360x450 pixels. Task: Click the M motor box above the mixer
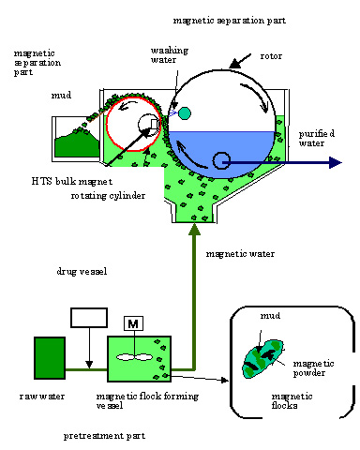[x=133, y=323]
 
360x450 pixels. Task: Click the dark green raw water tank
[x=50, y=358]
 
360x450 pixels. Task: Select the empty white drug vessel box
[x=89, y=318]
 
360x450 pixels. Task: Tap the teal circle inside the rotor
[x=185, y=113]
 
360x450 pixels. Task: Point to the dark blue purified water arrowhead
[x=336, y=162]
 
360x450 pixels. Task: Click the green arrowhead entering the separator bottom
[x=194, y=230]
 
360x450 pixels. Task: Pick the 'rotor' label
[x=271, y=56]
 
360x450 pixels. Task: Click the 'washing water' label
[x=170, y=55]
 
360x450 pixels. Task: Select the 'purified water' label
[x=317, y=139]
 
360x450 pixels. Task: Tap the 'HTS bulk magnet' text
[x=72, y=181]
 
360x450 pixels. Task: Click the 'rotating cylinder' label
[x=108, y=196]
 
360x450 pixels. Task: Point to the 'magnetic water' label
[x=240, y=254]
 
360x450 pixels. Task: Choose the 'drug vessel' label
[x=82, y=271]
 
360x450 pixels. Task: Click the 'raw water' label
[x=42, y=397]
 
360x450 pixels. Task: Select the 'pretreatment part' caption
[x=104, y=436]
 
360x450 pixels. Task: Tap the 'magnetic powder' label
[x=313, y=368]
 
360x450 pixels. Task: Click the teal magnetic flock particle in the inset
[x=263, y=359]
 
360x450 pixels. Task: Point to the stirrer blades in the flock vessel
[x=134, y=357]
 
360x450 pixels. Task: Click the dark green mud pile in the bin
[x=77, y=143]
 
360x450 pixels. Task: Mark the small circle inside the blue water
[x=221, y=160]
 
